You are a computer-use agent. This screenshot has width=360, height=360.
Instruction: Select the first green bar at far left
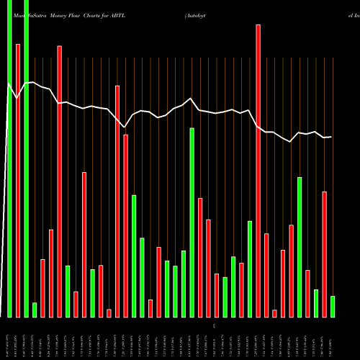[x=10, y=158]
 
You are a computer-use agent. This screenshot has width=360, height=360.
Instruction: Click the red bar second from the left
[x=18, y=180]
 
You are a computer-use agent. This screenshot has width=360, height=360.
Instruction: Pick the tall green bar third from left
[x=27, y=158]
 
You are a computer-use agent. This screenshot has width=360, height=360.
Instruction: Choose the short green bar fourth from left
[x=35, y=310]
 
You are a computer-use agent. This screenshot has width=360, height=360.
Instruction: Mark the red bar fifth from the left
[x=43, y=288]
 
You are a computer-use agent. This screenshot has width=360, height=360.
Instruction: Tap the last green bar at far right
[x=333, y=306]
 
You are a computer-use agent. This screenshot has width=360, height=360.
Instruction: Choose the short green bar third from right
[x=316, y=302]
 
